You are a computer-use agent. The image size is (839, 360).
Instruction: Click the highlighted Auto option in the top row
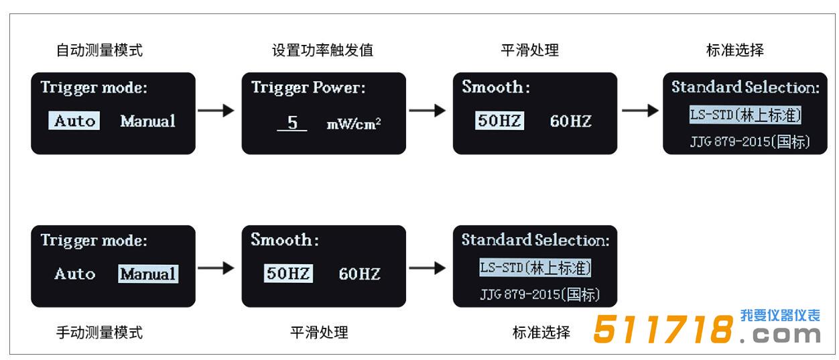[74, 121]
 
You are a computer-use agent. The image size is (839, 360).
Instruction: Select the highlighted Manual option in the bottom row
[148, 274]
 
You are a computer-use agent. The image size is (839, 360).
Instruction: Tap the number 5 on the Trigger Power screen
[292, 123]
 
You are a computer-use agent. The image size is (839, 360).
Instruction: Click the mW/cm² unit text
[354, 124]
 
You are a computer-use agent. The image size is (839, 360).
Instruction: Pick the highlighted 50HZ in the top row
[500, 121]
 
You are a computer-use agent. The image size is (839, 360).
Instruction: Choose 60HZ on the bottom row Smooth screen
[359, 274]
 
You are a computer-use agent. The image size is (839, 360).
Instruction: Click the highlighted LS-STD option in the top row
[745, 115]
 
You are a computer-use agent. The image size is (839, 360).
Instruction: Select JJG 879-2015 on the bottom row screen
[539, 295]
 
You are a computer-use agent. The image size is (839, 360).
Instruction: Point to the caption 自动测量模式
[99, 50]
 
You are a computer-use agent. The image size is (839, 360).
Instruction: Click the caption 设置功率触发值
[322, 50]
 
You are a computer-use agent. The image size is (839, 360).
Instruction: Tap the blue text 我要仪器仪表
[780, 316]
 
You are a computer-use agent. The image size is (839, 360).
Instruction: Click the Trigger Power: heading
[308, 88]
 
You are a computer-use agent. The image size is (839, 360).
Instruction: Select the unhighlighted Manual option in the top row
[147, 121]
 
